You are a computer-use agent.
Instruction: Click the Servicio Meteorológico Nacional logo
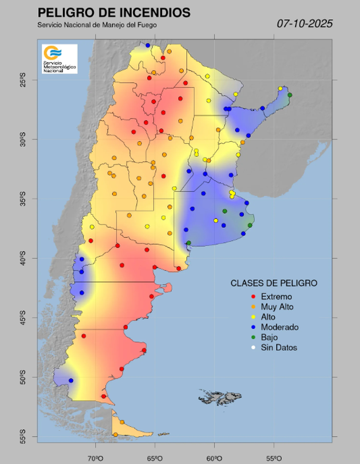click(x=59, y=59)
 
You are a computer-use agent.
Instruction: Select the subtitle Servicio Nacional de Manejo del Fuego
click(x=97, y=25)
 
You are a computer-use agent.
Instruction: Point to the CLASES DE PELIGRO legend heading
click(x=274, y=283)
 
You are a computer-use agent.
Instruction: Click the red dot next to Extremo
click(x=254, y=297)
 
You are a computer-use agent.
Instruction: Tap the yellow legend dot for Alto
click(x=254, y=317)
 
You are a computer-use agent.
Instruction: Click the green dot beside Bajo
click(x=254, y=338)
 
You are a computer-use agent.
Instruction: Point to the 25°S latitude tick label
click(x=23, y=79)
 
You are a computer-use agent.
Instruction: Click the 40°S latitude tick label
click(x=23, y=258)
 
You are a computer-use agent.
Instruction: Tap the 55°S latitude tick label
click(x=23, y=436)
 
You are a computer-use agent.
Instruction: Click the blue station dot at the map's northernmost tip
click(x=148, y=45)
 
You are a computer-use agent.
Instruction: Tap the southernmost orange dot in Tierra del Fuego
click(x=115, y=434)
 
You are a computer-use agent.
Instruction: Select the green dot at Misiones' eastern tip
click(x=290, y=95)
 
